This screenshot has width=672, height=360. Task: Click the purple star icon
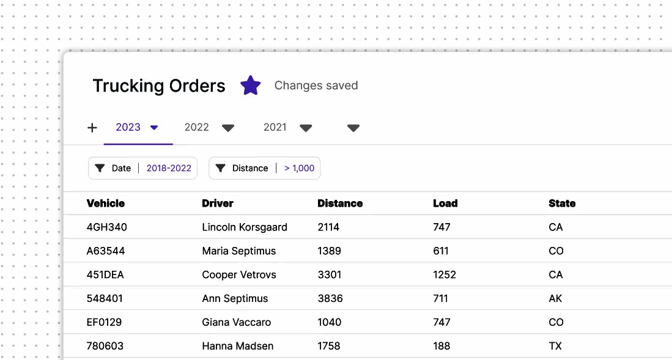click(x=250, y=86)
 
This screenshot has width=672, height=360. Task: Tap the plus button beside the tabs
click(x=92, y=128)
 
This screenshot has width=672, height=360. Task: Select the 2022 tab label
click(x=197, y=127)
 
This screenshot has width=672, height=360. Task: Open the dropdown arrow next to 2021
click(x=306, y=128)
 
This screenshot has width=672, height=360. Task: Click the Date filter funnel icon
click(x=100, y=168)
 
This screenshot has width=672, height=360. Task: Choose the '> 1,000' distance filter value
click(x=300, y=168)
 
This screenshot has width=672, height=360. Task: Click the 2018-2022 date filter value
click(x=169, y=168)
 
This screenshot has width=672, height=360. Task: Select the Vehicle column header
click(x=106, y=204)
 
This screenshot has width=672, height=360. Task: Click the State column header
click(x=562, y=204)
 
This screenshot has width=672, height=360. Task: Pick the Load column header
click(x=445, y=204)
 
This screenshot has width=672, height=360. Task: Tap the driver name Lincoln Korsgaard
click(x=245, y=227)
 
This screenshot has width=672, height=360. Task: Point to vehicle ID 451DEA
click(x=105, y=275)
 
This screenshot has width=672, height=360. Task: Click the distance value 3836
click(x=330, y=299)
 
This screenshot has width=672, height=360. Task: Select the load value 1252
click(x=445, y=275)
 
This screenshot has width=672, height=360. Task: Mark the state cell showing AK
click(x=555, y=299)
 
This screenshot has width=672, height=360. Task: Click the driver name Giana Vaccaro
click(x=237, y=323)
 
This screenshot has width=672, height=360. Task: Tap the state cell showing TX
click(x=555, y=347)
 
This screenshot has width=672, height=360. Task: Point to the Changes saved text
click(x=316, y=86)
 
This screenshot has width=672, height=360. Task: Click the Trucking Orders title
click(x=159, y=86)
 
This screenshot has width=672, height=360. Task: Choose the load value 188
click(x=441, y=347)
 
